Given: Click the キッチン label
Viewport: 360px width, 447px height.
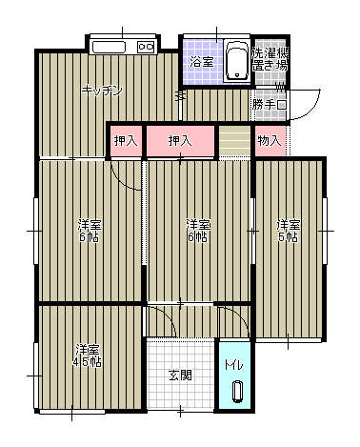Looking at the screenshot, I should [102, 90].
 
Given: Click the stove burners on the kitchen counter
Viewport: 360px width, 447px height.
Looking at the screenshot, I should [147, 46].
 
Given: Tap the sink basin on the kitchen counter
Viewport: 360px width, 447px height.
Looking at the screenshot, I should [109, 47].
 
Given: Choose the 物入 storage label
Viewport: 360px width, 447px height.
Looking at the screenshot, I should [270, 140].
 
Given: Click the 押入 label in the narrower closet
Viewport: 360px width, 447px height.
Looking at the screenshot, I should [125, 141].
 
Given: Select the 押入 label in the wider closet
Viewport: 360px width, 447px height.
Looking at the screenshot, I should [180, 141].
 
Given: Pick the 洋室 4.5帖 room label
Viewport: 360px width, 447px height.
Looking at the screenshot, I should [90, 355].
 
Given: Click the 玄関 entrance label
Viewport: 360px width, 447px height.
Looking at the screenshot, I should [180, 375].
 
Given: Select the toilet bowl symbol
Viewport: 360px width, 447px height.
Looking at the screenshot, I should [235, 391].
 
